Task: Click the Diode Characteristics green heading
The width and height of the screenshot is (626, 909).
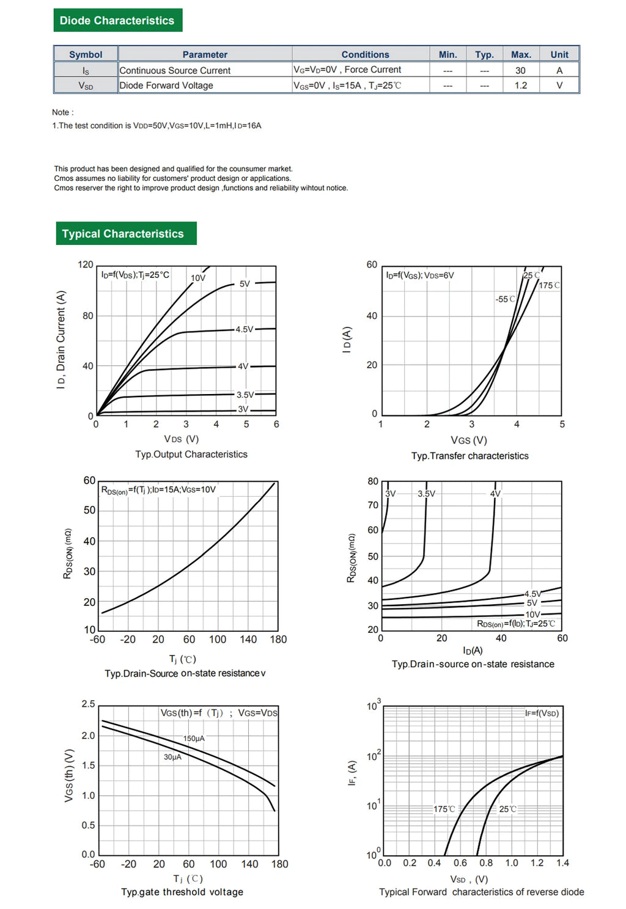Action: (x=118, y=20)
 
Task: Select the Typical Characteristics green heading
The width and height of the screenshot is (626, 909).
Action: (x=127, y=233)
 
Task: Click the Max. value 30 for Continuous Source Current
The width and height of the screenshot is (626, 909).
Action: (x=520, y=71)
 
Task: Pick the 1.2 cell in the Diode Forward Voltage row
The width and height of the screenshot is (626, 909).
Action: (x=520, y=86)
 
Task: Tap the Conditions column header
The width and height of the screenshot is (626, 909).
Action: (x=365, y=54)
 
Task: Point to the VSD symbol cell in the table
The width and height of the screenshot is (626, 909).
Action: (x=86, y=86)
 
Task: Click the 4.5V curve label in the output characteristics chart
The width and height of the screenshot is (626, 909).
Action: (x=245, y=329)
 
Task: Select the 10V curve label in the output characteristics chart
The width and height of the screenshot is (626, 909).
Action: (x=198, y=278)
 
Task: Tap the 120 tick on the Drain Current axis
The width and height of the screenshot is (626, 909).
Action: (x=85, y=265)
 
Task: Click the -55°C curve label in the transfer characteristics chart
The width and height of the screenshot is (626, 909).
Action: (x=505, y=299)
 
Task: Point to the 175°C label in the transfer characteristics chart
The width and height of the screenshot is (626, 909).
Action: (x=549, y=285)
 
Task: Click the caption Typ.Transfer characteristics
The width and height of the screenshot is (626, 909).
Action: (x=469, y=456)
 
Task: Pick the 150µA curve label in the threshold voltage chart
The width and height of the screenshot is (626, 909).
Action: (x=194, y=738)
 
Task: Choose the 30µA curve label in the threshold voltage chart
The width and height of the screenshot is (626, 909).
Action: (x=172, y=757)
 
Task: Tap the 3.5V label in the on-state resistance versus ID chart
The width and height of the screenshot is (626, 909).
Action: (x=426, y=494)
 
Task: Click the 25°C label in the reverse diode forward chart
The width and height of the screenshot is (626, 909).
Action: (x=507, y=809)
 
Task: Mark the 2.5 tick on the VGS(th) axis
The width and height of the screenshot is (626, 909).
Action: (x=88, y=704)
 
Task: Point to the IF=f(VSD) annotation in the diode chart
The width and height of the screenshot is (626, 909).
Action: (x=542, y=713)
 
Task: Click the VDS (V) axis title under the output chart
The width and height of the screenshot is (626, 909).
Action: (x=182, y=439)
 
